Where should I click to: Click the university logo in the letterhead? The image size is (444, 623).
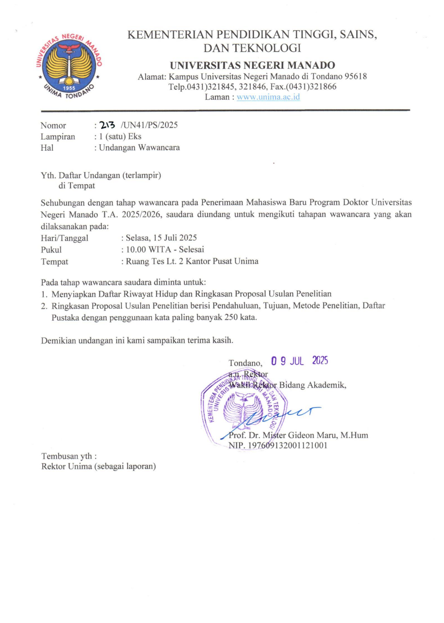tap(69, 66)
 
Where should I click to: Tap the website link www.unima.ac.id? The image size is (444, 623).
tap(268, 97)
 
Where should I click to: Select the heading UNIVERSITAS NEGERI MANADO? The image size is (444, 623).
tap(252, 65)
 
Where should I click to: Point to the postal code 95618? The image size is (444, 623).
tap(356, 76)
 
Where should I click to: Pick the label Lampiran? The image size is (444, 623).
tap(58, 137)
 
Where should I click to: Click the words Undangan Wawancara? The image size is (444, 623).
tap(139, 148)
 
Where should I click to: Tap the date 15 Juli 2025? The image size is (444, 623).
tap(175, 238)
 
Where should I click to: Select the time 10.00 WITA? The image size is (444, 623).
tap(149, 249)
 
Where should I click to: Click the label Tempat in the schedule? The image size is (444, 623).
tap(54, 262)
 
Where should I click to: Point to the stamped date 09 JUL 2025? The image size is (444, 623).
tap(300, 361)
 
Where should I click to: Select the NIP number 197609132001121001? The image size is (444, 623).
tap(287, 445)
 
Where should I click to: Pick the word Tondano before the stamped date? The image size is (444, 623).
tap(245, 363)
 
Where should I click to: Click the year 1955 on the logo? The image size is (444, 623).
tap(69, 88)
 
